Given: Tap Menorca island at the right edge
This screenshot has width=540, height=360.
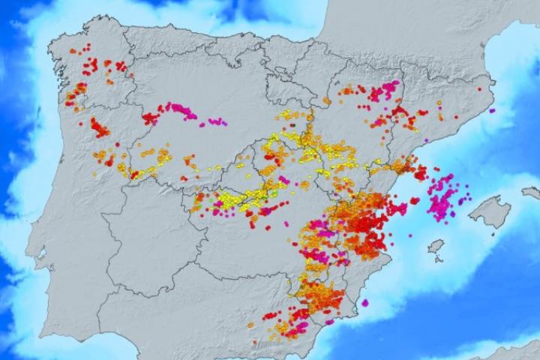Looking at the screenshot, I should (532, 193).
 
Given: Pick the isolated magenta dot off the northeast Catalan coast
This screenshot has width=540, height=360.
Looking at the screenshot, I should (493, 110).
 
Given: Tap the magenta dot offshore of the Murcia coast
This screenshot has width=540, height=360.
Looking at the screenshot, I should (365, 302).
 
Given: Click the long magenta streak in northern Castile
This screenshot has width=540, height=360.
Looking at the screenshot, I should (182, 112).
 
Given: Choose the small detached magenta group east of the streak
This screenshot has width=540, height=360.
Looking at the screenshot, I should (216, 121).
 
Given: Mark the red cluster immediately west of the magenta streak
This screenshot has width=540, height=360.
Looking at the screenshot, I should (151, 118).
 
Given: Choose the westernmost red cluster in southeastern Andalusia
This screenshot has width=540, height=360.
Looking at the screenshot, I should (270, 316).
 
